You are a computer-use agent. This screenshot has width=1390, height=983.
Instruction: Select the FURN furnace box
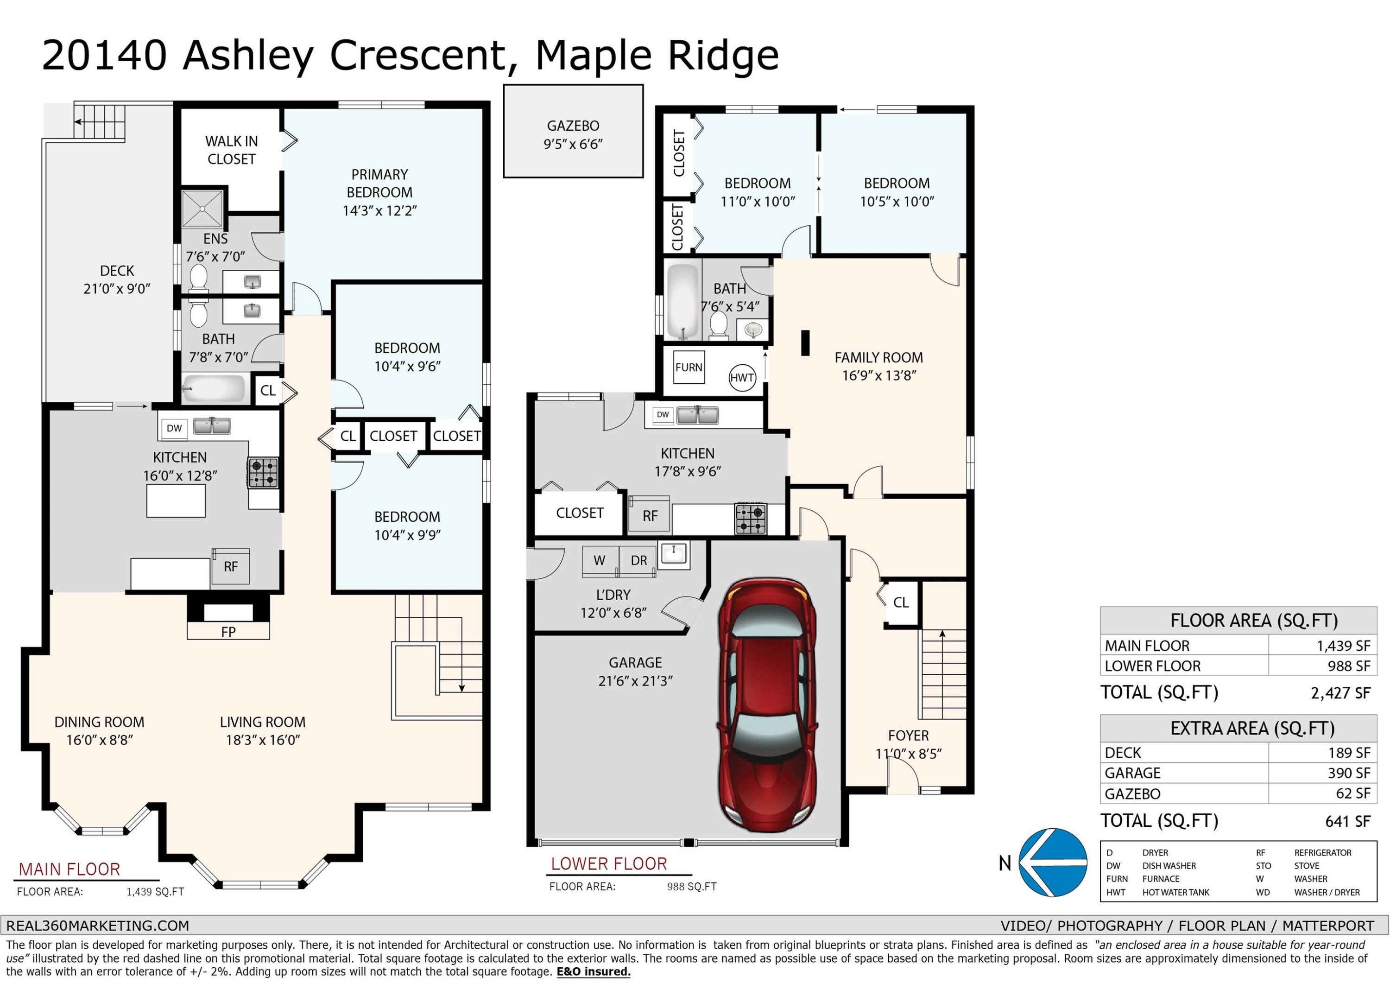[x=689, y=367]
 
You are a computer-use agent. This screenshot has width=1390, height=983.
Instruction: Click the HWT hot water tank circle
[x=742, y=378]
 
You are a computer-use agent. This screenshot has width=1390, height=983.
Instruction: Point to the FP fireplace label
[x=228, y=632]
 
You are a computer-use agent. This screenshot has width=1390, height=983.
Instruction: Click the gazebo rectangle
[x=573, y=131]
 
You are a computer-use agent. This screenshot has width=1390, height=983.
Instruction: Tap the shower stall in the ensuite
[x=202, y=209]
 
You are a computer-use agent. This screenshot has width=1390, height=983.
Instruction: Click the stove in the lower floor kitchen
[x=751, y=519]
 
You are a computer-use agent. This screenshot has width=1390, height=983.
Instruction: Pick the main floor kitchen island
[x=176, y=500]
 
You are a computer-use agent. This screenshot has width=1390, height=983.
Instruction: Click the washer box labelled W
[x=600, y=561]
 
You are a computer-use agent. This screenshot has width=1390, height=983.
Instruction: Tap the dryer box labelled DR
[x=638, y=561]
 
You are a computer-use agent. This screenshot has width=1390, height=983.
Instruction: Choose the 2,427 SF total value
[x=1340, y=693]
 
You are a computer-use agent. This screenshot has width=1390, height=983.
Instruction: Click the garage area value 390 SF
[x=1349, y=773]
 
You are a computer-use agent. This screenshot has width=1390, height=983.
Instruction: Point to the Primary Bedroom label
[x=379, y=184]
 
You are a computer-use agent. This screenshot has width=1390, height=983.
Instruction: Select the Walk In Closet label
[x=231, y=150]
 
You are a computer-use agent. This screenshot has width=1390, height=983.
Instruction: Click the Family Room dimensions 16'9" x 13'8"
[x=879, y=375]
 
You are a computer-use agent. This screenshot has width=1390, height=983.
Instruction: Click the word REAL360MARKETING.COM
[x=97, y=926]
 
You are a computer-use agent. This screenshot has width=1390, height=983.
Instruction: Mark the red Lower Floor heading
[x=609, y=864]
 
